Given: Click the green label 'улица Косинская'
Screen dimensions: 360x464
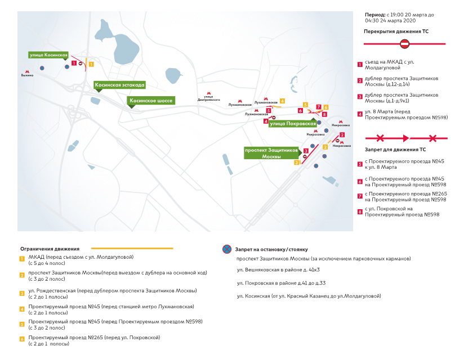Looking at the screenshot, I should (48, 55).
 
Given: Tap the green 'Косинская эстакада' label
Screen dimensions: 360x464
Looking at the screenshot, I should (120, 85).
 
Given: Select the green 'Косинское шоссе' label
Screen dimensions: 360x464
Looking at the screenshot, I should (151, 101).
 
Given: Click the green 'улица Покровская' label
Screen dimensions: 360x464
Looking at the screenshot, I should (293, 123).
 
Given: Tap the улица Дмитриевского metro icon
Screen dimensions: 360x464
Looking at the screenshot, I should (208, 93).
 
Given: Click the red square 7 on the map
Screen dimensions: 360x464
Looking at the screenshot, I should (319, 107).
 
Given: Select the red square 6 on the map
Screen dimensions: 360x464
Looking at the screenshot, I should (301, 110).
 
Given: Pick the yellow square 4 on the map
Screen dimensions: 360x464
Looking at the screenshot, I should (282, 101).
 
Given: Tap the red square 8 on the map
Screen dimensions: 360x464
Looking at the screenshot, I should (324, 114).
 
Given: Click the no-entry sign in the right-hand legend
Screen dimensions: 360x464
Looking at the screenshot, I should (404, 43).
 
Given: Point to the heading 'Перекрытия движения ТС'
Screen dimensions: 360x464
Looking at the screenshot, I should (396, 31).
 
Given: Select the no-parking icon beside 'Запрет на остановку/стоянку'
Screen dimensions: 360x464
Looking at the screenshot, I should (226, 249).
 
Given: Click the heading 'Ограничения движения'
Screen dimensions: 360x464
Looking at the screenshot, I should (50, 248).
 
